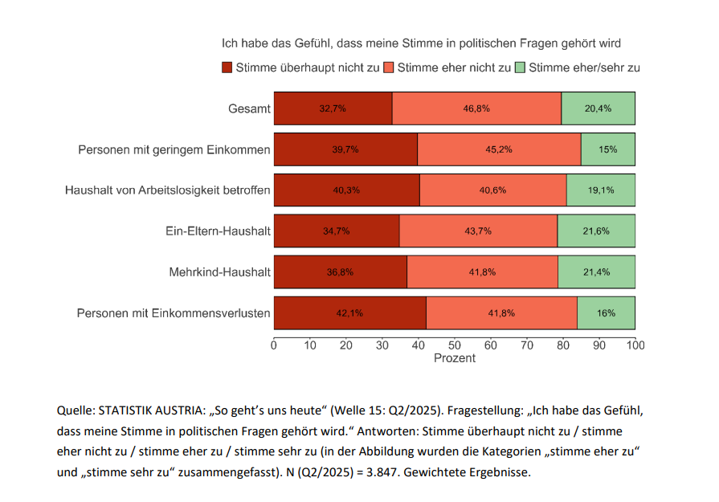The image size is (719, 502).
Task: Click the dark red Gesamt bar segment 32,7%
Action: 333,108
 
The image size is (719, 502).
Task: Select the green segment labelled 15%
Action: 607,149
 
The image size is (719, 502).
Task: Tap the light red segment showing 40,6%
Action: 492,190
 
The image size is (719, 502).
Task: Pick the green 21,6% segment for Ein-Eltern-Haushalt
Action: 595,231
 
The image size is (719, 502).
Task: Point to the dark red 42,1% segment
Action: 349,312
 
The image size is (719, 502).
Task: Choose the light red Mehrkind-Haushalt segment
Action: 482,272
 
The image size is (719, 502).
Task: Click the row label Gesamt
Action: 249,108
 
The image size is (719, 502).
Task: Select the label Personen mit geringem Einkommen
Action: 174,149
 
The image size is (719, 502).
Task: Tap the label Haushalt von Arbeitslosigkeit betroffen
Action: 167,190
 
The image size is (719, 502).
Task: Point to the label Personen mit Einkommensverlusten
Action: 173,312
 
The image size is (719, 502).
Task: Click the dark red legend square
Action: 227,67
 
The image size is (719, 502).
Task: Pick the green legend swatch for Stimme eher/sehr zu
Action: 520,67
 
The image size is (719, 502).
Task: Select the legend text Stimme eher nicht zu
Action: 454,67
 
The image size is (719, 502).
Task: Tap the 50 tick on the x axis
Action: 455,345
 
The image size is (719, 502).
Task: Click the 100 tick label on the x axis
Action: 635,345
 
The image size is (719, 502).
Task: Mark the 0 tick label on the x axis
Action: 274,345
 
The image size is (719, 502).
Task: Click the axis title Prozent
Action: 455,358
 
